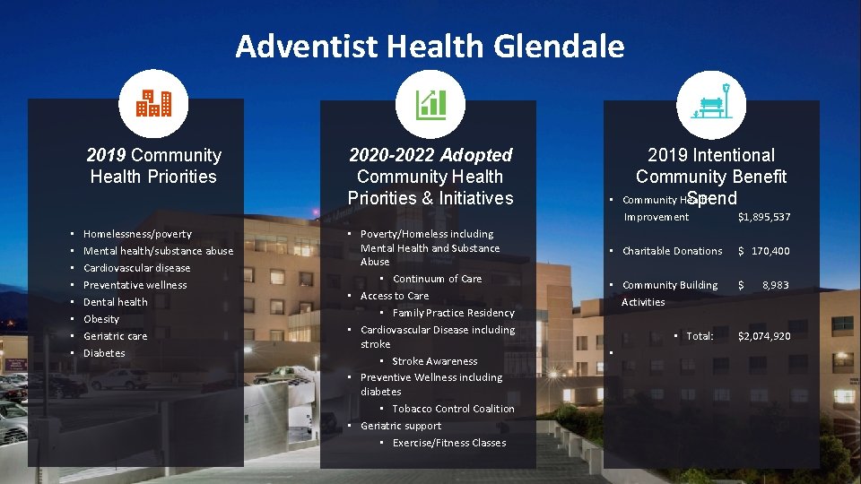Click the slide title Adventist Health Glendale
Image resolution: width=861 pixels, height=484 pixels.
click(430, 46)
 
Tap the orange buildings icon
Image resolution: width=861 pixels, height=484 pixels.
click(153, 104)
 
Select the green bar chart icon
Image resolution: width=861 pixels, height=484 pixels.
click(430, 104)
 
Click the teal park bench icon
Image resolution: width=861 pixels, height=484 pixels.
click(711, 104)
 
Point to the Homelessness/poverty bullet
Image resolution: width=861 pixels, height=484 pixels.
click(137, 234)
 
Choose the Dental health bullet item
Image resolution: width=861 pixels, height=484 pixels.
click(115, 302)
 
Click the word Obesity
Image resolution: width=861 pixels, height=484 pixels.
click(101, 319)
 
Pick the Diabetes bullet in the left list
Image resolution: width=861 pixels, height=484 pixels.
click(104, 353)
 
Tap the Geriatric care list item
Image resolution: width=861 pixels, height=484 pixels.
click(115, 336)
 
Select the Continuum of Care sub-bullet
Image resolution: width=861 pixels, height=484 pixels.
click(437, 279)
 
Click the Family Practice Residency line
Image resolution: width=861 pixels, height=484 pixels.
click(453, 313)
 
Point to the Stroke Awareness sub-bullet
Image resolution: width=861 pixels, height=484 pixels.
click(434, 361)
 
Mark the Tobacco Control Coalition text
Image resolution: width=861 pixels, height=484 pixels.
click(453, 409)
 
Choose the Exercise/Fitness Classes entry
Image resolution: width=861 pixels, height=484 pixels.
click(448, 443)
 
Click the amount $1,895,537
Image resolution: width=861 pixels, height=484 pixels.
click(763, 217)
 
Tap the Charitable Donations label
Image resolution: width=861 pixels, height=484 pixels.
click(672, 251)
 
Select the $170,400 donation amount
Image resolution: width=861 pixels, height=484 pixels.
click(763, 251)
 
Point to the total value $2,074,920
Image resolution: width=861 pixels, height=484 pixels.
click(763, 336)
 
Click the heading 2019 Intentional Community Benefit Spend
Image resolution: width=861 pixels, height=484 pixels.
click(711, 177)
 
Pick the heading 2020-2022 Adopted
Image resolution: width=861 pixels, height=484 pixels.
click(430, 155)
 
